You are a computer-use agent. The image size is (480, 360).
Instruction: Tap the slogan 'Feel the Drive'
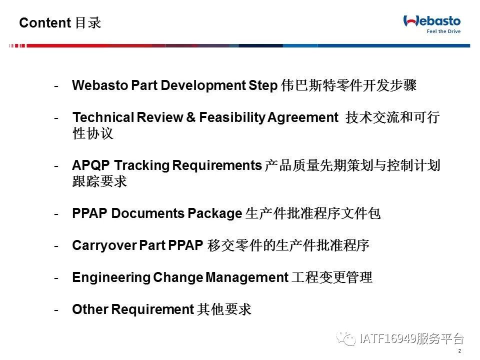[443, 31]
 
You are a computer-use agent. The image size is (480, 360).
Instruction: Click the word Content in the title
[45, 22]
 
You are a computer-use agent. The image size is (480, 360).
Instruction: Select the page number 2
[459, 351]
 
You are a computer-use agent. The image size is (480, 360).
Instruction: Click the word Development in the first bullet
[203, 85]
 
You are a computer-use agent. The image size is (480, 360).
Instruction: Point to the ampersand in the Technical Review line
[190, 117]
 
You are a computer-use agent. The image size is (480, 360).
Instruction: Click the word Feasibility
[232, 117]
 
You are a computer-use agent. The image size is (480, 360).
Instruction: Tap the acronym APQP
[91, 165]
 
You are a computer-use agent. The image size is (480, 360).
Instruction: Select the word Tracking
[141, 165]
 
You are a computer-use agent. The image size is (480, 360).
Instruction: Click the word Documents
[147, 213]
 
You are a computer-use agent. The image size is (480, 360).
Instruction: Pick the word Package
[215, 213]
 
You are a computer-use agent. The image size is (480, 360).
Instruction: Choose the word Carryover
[104, 245]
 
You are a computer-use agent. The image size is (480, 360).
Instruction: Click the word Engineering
[111, 277]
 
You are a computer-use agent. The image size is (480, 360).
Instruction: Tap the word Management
[247, 277]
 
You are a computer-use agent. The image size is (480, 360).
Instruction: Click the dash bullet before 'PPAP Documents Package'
[56, 214]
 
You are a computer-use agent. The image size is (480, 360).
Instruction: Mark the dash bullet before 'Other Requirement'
[56, 310]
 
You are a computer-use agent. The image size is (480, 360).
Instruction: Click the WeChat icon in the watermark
[346, 338]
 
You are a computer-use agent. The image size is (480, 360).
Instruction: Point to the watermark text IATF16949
[388, 338]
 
